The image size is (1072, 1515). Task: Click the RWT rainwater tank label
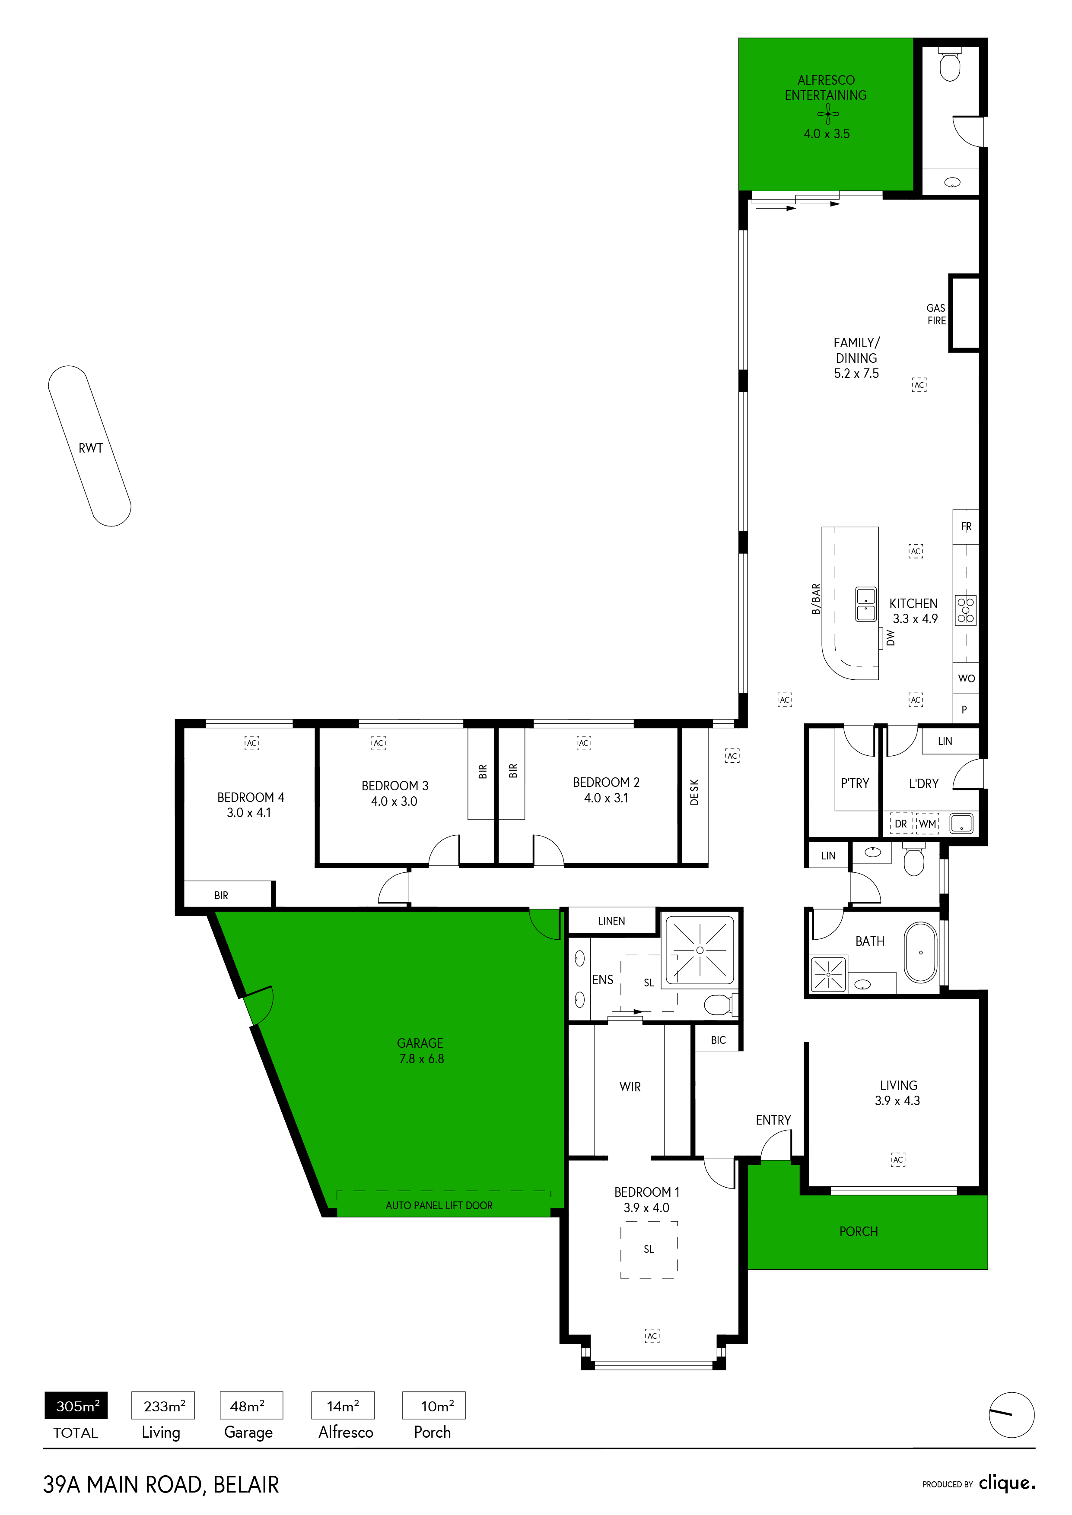click(91, 448)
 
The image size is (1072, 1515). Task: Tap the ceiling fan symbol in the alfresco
click(828, 114)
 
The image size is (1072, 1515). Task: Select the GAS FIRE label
click(936, 314)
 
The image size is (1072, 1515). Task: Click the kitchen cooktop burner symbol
click(966, 610)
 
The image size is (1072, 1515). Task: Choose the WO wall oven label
click(967, 678)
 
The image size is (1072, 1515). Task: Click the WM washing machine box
click(927, 824)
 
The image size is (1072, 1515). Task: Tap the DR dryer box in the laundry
click(901, 824)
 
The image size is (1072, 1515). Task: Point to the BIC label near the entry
click(718, 1040)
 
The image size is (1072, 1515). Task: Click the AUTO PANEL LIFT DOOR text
click(439, 1205)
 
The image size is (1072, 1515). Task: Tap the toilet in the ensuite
click(719, 1005)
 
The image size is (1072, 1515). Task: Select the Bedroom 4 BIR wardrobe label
click(221, 895)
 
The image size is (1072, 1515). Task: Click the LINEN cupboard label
click(611, 920)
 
